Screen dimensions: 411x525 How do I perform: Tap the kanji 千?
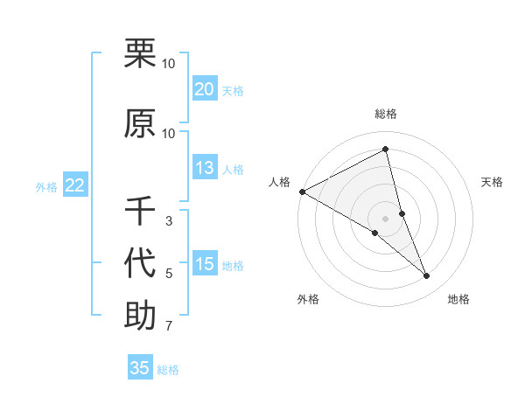[x=140, y=211]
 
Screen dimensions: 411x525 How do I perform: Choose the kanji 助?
[x=140, y=315]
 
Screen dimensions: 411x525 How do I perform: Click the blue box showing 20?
[x=205, y=89]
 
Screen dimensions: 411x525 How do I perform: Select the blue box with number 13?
[x=205, y=168]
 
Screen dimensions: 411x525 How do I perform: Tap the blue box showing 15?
[x=205, y=264]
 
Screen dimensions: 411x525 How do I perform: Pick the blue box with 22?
[x=74, y=185]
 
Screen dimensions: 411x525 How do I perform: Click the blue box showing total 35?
[x=140, y=368]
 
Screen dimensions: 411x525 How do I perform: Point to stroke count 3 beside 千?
[x=169, y=221]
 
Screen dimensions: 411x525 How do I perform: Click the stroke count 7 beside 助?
[x=169, y=327]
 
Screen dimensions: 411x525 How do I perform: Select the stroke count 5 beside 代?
[x=169, y=274]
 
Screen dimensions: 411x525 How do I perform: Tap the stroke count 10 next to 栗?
[x=169, y=64]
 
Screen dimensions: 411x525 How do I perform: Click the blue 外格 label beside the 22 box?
[x=46, y=186]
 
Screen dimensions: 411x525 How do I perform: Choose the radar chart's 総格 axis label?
[x=386, y=114]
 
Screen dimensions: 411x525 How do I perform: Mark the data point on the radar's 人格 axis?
[x=302, y=191]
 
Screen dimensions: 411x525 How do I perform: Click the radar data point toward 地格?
[x=427, y=275]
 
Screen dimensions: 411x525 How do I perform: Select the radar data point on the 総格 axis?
[x=386, y=150]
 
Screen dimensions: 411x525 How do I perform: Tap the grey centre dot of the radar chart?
[x=386, y=218]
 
